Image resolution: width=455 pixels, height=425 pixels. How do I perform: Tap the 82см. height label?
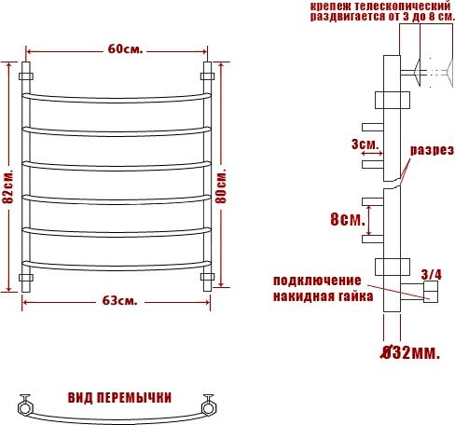click(x=7, y=186)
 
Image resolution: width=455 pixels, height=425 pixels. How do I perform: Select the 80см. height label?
click(x=221, y=186)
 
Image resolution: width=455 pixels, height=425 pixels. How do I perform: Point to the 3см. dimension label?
click(x=365, y=144)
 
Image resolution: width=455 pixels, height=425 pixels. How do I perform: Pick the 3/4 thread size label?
click(x=432, y=274)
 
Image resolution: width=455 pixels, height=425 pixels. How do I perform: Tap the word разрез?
click(x=432, y=150)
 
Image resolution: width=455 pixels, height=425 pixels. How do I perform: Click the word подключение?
click(x=317, y=281)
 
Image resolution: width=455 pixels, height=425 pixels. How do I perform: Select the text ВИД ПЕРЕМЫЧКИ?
click(x=119, y=398)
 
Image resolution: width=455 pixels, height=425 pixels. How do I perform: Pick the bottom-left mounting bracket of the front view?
click(x=26, y=278)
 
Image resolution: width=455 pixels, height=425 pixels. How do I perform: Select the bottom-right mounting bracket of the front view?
click(x=207, y=278)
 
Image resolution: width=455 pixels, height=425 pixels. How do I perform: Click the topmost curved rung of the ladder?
click(x=117, y=95)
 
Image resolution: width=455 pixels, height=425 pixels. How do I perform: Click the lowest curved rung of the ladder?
click(x=117, y=262)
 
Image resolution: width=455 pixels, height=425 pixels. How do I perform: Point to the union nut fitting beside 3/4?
click(x=431, y=295)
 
